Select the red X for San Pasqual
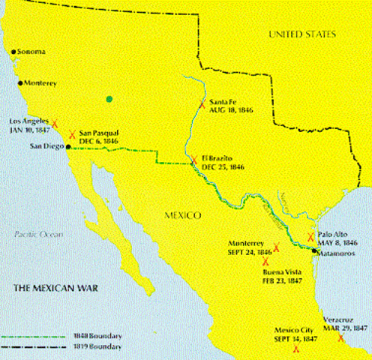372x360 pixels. tap(72, 135)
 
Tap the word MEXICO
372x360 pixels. tap(182, 215)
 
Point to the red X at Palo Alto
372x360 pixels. tap(311, 236)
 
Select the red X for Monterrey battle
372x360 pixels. tap(276, 247)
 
